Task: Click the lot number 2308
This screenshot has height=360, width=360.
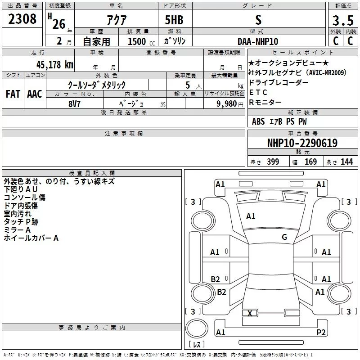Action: (22, 19)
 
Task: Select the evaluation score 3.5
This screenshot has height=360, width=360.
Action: (342, 20)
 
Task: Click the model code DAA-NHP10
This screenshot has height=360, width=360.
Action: (258, 41)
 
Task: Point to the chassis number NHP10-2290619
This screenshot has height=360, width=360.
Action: (302, 143)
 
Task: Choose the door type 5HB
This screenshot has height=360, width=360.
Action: (174, 19)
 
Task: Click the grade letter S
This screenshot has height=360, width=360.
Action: (258, 19)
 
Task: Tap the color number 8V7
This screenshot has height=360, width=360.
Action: (74, 103)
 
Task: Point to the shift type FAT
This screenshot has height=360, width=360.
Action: (13, 94)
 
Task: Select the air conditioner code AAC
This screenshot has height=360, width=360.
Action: (34, 94)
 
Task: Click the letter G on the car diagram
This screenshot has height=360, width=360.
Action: (284, 237)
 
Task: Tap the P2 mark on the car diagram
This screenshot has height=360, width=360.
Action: (321, 332)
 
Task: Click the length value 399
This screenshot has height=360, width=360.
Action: (273, 162)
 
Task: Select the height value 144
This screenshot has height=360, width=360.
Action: (346, 162)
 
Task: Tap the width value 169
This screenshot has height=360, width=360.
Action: (310, 162)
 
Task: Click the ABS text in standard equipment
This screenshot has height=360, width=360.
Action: (258, 121)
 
